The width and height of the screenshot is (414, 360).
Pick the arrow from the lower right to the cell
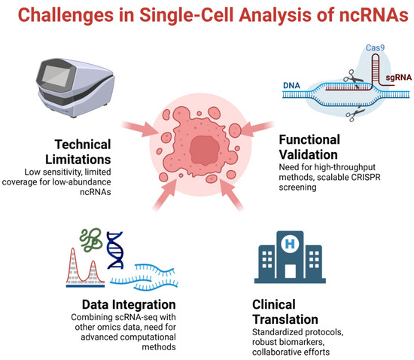[251, 199]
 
